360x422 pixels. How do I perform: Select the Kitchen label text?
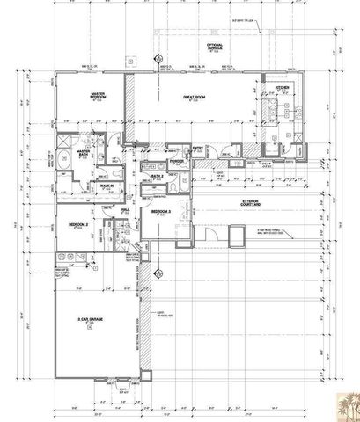point(283,88)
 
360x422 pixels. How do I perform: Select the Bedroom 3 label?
point(160,213)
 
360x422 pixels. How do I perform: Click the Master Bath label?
point(85,153)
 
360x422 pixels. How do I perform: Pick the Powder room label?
point(175,161)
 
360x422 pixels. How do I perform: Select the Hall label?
point(126,209)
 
